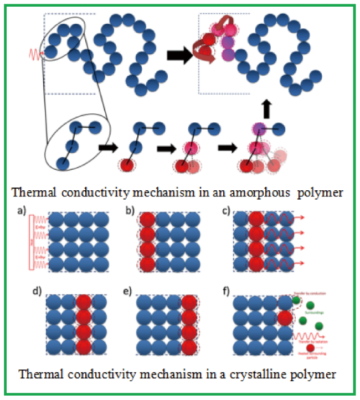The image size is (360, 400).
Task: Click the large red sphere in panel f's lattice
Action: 284,319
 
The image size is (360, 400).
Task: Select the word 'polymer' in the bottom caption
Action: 313,374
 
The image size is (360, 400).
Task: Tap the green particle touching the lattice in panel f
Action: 296,300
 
